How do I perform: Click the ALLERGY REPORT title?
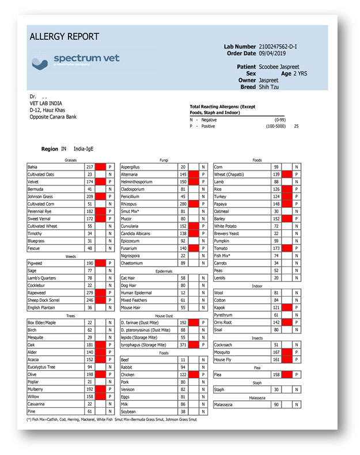(64, 37)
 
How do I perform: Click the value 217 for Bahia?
(89, 167)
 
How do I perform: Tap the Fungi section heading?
(164, 160)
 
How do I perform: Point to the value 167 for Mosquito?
(276, 352)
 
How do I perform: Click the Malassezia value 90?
(276, 405)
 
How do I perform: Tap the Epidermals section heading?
(164, 270)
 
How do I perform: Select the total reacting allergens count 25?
(296, 125)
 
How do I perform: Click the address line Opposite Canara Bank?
(53, 117)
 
